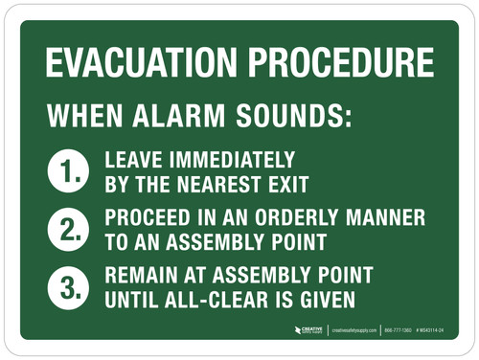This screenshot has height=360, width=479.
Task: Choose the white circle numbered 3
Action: (66, 287)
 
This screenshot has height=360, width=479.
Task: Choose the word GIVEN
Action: (324, 299)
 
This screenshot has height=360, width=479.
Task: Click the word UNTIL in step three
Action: (133, 299)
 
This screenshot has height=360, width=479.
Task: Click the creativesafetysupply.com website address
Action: (355, 330)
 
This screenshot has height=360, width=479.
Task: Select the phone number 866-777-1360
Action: (401, 330)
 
